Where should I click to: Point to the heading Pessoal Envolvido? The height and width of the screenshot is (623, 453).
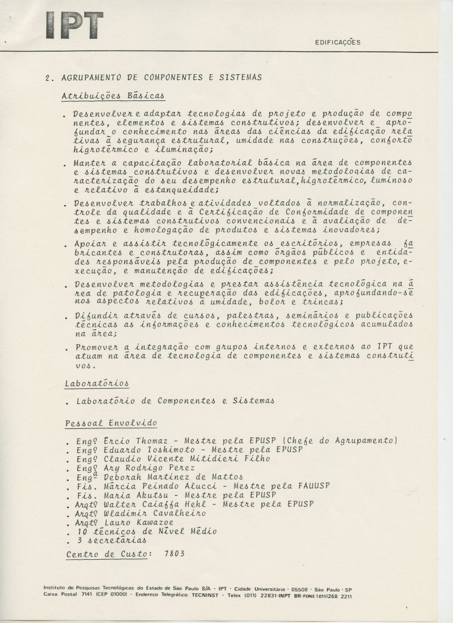[x=110, y=422]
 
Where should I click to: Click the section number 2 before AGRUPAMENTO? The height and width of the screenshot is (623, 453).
[x=48, y=77]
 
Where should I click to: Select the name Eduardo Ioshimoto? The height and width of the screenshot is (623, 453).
[x=140, y=450]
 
